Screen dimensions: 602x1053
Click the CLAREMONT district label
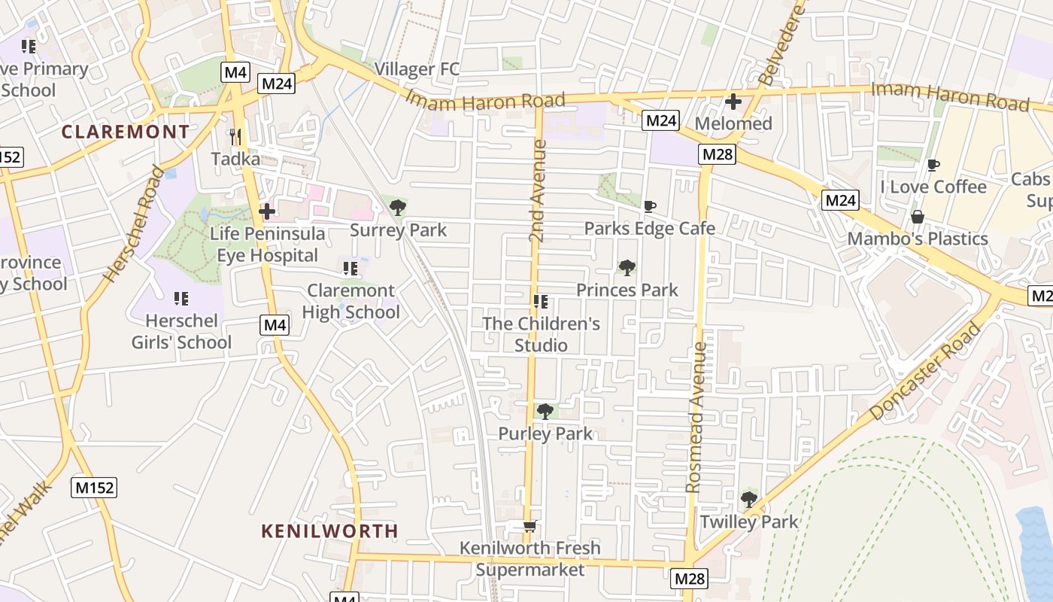(x=126, y=132)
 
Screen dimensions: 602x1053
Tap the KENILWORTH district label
(x=329, y=531)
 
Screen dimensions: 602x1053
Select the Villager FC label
(x=417, y=69)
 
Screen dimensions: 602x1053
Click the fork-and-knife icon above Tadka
(x=235, y=137)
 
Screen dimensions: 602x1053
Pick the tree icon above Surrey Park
(x=398, y=208)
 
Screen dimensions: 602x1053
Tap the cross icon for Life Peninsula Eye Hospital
(x=266, y=211)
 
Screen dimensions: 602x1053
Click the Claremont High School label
(x=350, y=301)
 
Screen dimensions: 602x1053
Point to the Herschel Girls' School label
(x=181, y=331)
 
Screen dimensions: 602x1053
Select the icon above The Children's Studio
(x=540, y=302)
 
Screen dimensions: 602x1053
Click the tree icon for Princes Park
(x=627, y=268)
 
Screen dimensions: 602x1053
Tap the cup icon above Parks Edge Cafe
(x=650, y=206)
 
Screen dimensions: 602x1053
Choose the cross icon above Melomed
(x=733, y=102)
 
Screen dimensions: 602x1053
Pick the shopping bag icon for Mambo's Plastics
(x=918, y=217)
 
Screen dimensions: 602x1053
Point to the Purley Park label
(x=545, y=433)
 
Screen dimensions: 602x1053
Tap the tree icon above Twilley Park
(x=748, y=499)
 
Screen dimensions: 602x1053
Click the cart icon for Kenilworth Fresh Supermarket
(x=530, y=526)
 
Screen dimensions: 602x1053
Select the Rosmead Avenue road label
(x=696, y=418)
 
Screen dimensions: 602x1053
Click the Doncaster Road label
(x=926, y=371)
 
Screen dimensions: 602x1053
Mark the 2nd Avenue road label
(x=537, y=190)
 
